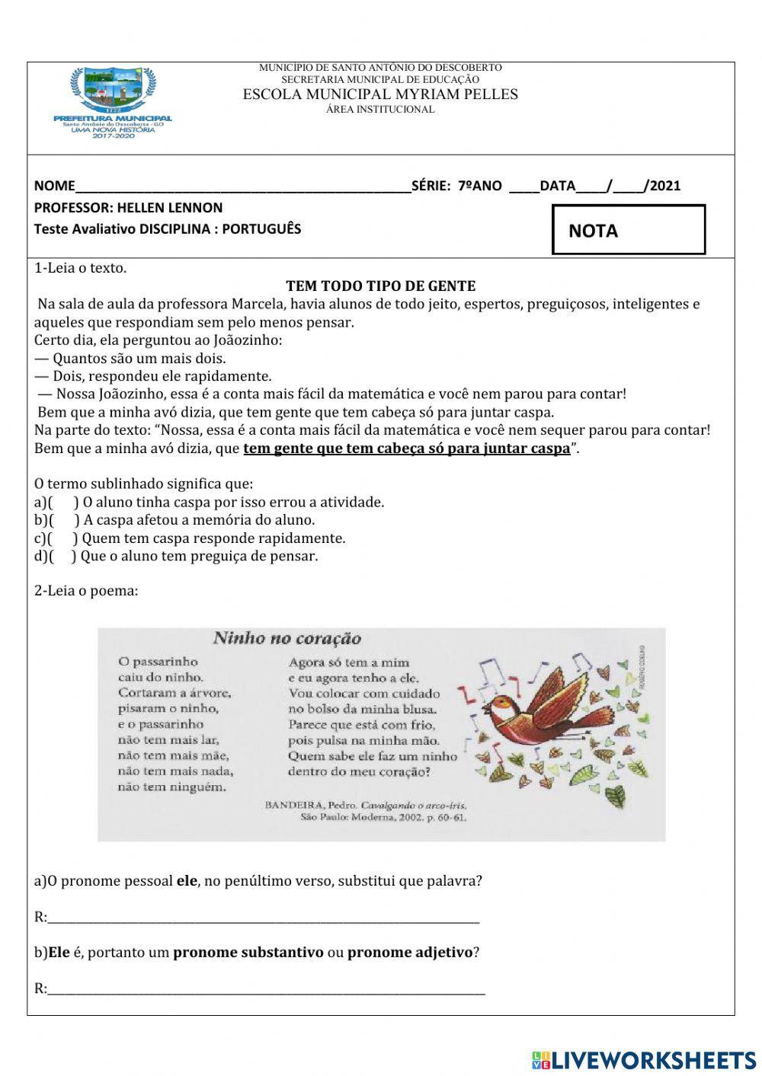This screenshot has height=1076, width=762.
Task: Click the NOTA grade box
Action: pyautogui.click(x=629, y=230)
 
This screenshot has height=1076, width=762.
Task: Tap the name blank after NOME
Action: pyautogui.click(x=242, y=186)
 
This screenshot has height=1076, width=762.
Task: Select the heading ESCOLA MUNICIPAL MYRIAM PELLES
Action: pyautogui.click(x=380, y=94)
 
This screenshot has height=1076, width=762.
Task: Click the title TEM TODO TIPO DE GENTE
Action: pyautogui.click(x=380, y=286)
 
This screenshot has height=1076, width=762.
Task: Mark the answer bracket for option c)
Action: pyautogui.click(x=65, y=538)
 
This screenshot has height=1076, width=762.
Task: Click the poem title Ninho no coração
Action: pyautogui.click(x=287, y=638)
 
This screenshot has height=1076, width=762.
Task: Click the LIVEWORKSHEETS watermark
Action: pyautogui.click(x=643, y=1060)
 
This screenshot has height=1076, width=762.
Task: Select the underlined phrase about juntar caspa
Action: pyautogui.click(x=406, y=449)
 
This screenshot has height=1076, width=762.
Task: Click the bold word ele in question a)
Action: pyautogui.click(x=187, y=881)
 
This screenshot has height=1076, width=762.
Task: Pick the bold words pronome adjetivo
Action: pyautogui.click(x=410, y=953)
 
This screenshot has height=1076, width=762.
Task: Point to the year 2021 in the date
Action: pyautogui.click(x=665, y=186)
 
